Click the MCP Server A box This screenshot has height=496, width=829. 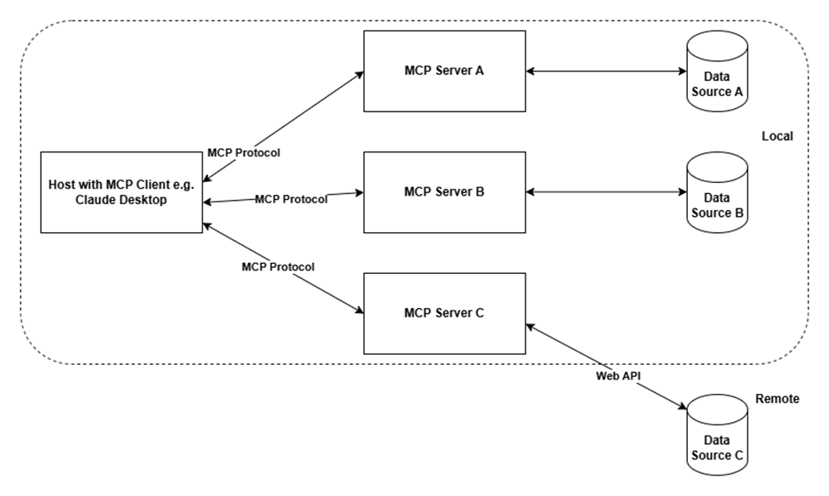pyautogui.click(x=444, y=71)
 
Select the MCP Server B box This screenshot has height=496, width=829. pyautogui.click(x=444, y=192)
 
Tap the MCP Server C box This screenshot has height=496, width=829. pyautogui.click(x=444, y=313)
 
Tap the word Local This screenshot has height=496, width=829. pyautogui.click(x=777, y=136)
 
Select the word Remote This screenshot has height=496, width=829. pyautogui.click(x=777, y=398)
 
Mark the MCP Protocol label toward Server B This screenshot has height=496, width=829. pyautogui.click(x=291, y=199)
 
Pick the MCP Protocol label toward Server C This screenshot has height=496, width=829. pyautogui.click(x=278, y=266)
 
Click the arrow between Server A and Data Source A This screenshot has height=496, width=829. pyautogui.click(x=605, y=71)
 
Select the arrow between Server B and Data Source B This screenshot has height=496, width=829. pyautogui.click(x=605, y=192)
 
